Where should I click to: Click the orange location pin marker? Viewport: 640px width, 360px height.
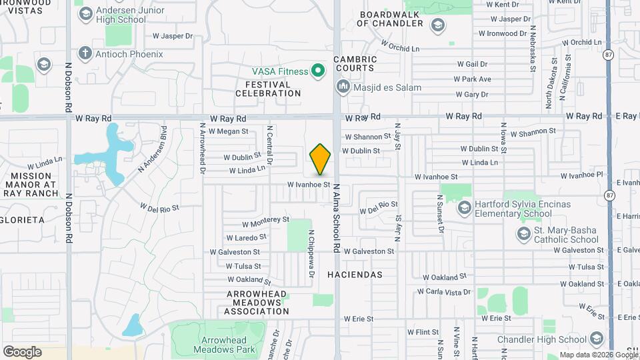321,159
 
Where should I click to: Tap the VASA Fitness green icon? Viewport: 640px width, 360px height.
319,71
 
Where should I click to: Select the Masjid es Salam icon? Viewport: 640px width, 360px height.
343,87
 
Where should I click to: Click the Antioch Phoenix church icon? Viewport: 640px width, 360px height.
85,53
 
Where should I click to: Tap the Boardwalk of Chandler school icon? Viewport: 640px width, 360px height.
438,26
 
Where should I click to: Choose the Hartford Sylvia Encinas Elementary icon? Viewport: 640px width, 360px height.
463,209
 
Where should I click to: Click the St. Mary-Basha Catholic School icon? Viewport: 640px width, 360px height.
523,234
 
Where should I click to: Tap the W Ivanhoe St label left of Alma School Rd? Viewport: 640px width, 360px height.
309,184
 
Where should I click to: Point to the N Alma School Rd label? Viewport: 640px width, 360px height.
337,218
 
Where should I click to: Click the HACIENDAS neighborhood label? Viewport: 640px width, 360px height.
355,275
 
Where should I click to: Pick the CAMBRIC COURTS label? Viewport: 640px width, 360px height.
356,63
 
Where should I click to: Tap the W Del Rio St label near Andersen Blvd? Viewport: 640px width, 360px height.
159,207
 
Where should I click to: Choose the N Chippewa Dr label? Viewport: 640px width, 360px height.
311,254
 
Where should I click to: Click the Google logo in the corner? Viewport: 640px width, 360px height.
22,351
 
